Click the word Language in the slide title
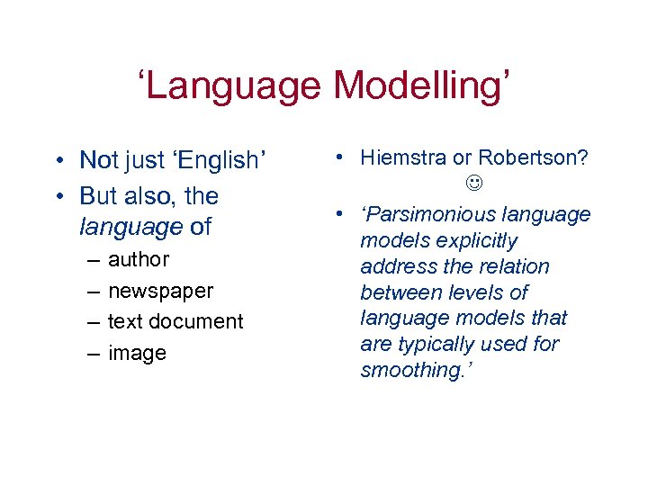coord(237,86)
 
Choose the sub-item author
coord(138,260)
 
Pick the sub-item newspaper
coord(160,292)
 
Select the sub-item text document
coord(175,322)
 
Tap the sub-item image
coord(137,354)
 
